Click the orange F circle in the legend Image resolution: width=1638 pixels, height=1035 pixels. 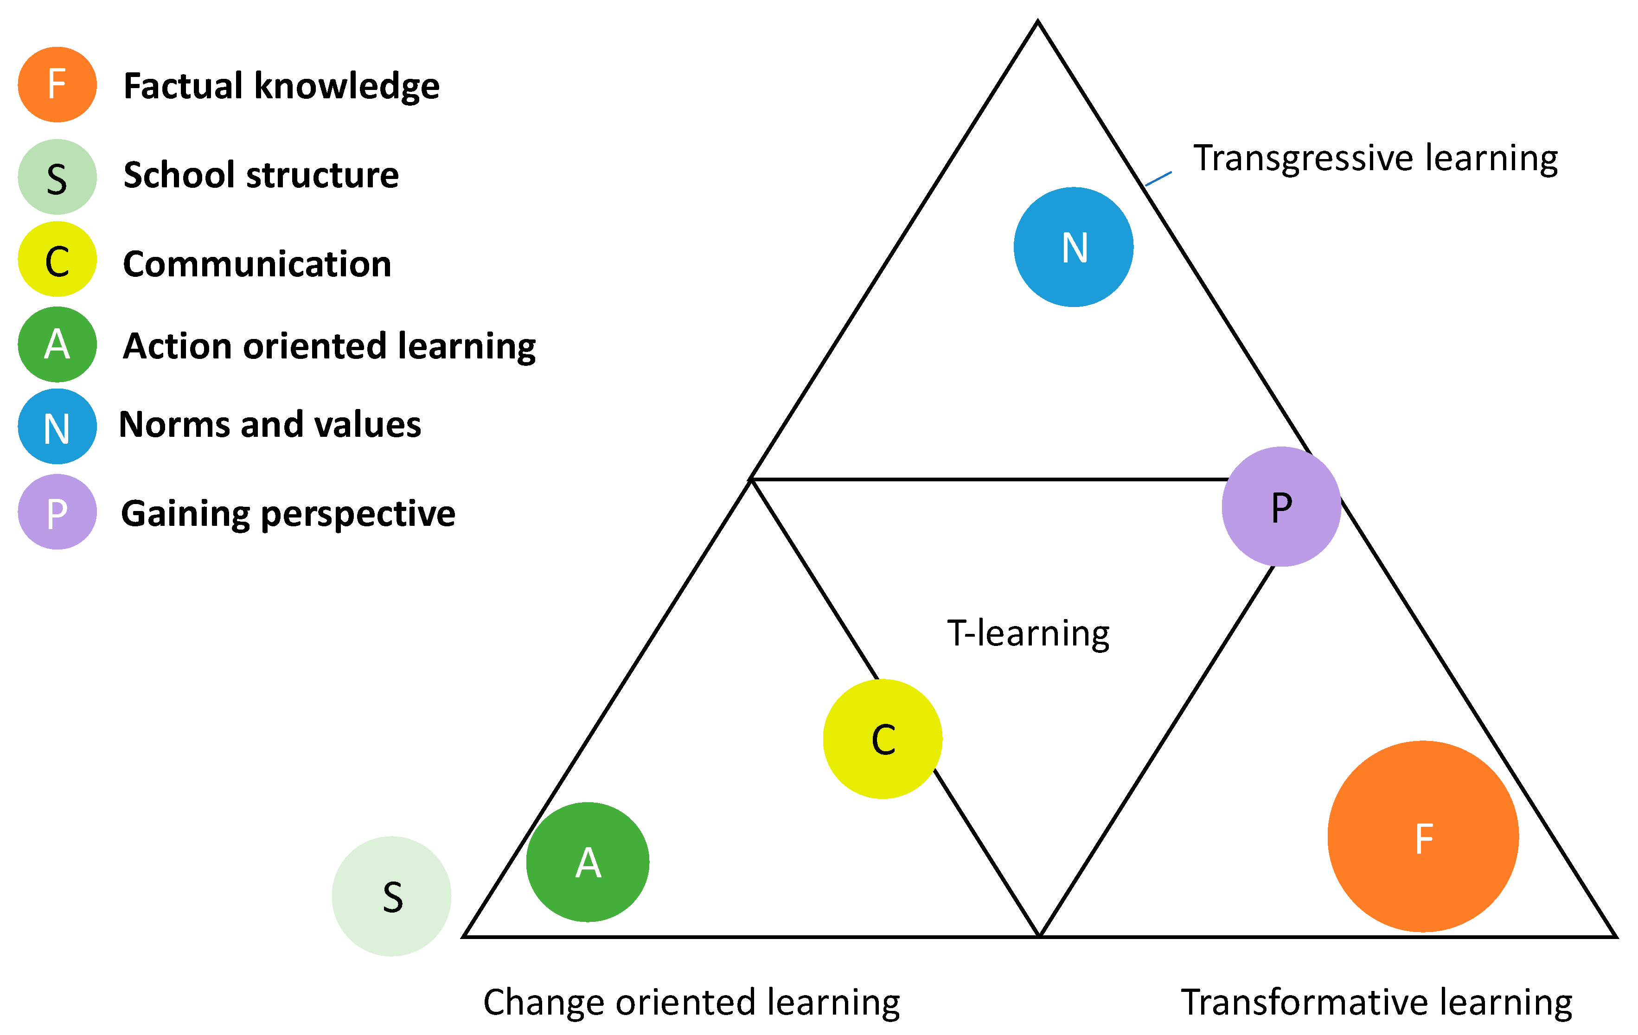(x=57, y=85)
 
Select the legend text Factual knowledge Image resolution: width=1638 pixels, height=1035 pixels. (x=281, y=86)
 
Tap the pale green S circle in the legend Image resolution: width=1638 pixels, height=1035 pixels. (x=57, y=177)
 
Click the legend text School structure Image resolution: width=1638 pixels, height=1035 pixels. (x=261, y=175)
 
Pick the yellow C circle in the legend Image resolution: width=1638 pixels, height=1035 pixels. (x=57, y=259)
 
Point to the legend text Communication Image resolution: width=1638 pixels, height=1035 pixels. (x=257, y=264)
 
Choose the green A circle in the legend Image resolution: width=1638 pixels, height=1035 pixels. (x=57, y=344)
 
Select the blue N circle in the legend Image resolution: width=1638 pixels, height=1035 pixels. (x=57, y=426)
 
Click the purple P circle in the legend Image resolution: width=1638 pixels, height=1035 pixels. (x=57, y=511)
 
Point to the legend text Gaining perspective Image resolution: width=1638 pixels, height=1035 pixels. (x=288, y=513)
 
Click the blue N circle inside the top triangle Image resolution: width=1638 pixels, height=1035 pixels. (x=1074, y=247)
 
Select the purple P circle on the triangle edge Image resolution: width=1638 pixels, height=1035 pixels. (x=1281, y=507)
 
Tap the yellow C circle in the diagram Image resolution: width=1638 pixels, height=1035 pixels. (x=882, y=739)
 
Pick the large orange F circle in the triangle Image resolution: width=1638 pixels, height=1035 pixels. (x=1423, y=837)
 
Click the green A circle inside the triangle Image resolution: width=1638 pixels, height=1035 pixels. (x=588, y=862)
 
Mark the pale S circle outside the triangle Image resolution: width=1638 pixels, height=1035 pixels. (x=392, y=896)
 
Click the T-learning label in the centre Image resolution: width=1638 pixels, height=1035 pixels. (x=1028, y=633)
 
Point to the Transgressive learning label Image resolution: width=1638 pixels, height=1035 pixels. (x=1376, y=159)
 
